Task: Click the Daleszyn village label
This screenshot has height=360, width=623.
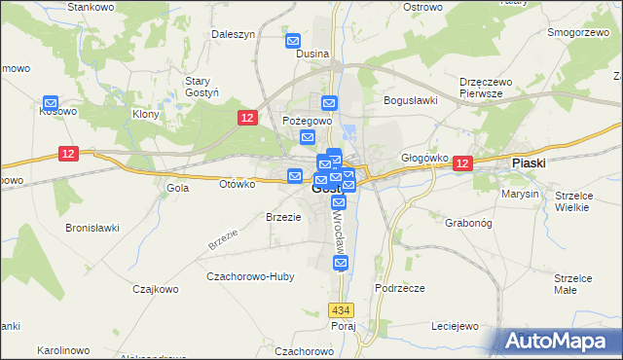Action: coord(234,34)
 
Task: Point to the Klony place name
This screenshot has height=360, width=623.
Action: coord(145,114)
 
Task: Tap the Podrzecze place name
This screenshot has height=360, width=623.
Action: coord(399,288)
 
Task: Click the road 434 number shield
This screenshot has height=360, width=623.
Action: coord(340,309)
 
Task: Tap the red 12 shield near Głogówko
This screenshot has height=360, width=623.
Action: coord(461,164)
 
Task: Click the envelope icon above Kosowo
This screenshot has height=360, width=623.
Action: coord(51,101)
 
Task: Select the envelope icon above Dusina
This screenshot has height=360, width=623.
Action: coord(293,41)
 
